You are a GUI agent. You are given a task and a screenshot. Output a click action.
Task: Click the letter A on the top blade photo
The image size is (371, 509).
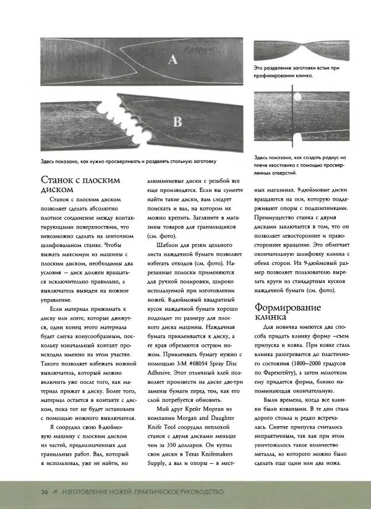(x=173, y=59)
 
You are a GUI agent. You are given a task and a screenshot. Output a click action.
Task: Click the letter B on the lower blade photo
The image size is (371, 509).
(x=177, y=122)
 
